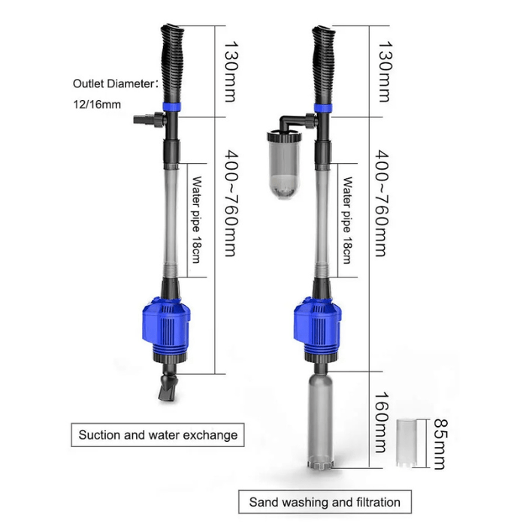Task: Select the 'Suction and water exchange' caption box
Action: [158, 434]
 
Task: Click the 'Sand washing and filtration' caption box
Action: [324, 501]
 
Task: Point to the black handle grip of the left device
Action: [171, 63]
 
